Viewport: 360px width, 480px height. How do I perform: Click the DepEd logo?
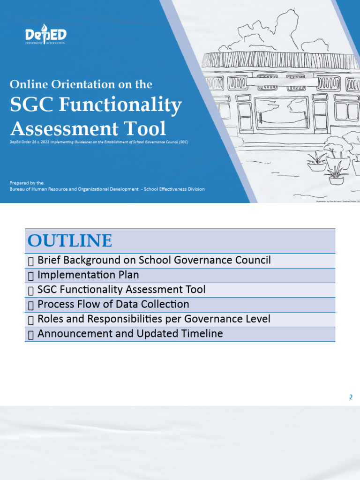tap(45, 35)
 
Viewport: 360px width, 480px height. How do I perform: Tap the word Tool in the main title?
tap(148, 128)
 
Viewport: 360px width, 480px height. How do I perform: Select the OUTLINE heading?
tap(70, 241)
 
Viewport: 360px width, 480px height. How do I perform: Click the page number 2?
tap(351, 397)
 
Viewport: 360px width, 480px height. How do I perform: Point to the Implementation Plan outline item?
tap(88, 275)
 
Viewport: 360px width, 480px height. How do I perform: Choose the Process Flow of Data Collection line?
tap(113, 304)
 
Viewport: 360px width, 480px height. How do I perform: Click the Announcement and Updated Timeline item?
tap(130, 334)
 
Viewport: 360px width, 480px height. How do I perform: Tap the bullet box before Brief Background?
tap(31, 261)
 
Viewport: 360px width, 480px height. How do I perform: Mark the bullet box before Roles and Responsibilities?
tap(31, 320)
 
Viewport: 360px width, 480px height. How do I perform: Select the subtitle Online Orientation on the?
tap(81, 84)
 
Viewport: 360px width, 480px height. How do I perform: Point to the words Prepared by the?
tap(27, 183)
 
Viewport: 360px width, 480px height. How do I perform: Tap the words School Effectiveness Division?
tap(174, 189)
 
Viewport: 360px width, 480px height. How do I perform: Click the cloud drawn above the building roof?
tap(267, 30)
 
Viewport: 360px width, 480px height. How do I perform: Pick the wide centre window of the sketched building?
tap(281, 112)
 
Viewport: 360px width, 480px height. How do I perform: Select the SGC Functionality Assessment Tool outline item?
tap(121, 290)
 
